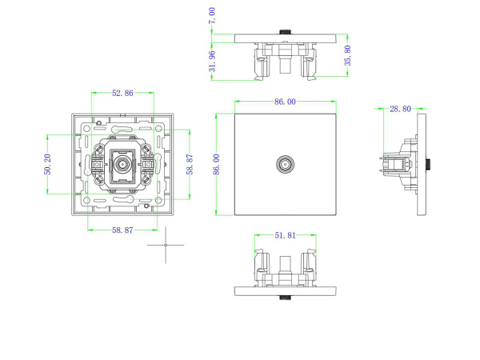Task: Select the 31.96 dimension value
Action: pos(212,61)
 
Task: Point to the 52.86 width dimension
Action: pos(122,94)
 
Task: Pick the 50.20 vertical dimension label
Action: pos(48,165)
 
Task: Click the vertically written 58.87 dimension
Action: pos(190,166)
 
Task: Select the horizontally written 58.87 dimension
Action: pos(122,230)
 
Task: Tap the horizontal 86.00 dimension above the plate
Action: pos(285,102)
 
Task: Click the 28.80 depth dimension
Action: pos(400,108)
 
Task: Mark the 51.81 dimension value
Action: pos(286,236)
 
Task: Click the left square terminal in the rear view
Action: pos(97,166)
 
